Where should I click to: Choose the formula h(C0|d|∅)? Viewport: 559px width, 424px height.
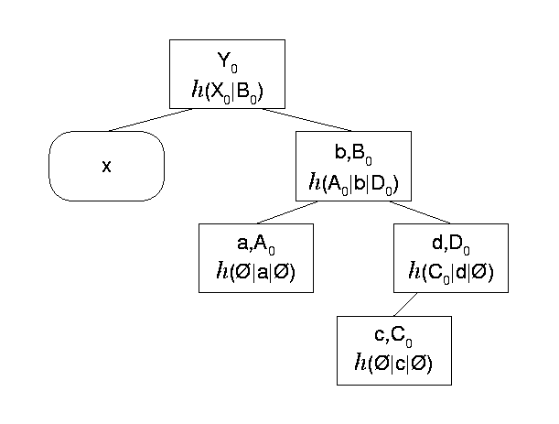pos(449,272)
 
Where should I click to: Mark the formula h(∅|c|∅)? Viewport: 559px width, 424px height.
pos(394,363)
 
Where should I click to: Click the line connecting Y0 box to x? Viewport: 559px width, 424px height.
pos(152,119)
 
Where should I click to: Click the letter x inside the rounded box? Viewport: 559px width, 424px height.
pos(106,166)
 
